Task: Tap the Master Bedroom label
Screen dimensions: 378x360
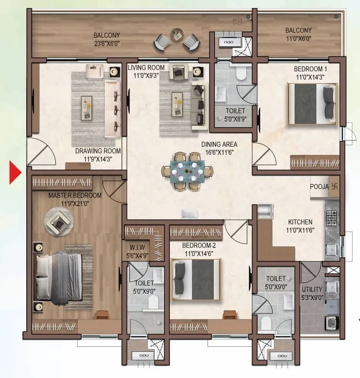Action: click(74, 195)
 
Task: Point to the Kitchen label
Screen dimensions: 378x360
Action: click(300, 222)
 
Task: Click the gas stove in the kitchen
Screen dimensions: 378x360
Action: click(331, 217)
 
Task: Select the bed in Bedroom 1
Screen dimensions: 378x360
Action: click(312, 104)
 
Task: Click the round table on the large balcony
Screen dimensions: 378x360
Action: click(176, 35)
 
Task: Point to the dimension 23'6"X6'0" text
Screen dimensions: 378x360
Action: click(107, 42)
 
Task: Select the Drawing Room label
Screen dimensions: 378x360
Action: click(98, 151)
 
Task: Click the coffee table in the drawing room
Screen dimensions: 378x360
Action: click(87, 108)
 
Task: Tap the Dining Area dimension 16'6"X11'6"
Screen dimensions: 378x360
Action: click(219, 152)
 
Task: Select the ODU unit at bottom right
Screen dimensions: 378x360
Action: click(282, 356)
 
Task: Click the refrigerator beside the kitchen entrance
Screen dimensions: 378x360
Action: click(265, 211)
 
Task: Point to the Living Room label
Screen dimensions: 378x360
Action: click(146, 67)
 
